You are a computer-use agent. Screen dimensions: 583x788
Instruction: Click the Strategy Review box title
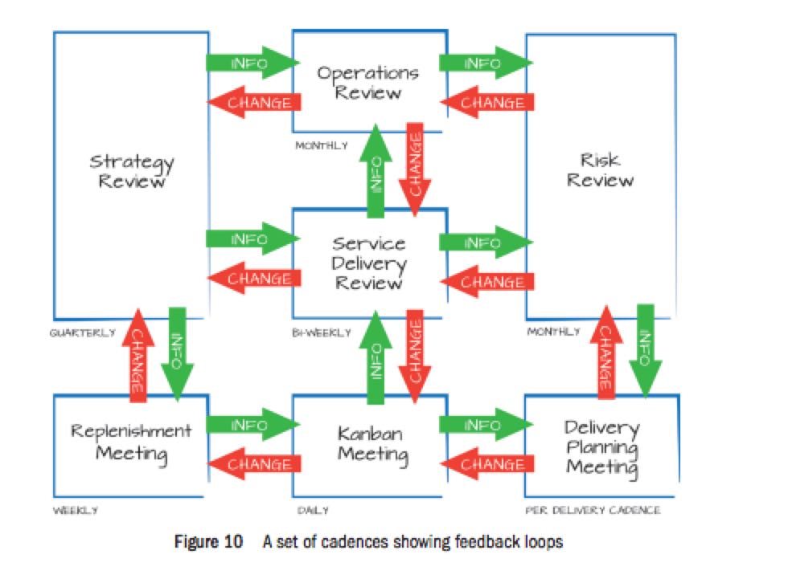[x=131, y=171]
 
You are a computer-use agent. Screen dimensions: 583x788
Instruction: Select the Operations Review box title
[x=367, y=83]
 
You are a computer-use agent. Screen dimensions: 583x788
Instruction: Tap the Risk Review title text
[x=600, y=169]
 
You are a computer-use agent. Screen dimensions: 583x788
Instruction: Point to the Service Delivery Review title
[x=368, y=263]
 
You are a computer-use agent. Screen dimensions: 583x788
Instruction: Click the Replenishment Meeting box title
[x=131, y=442]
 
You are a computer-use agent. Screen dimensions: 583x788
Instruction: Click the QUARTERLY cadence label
[x=82, y=332]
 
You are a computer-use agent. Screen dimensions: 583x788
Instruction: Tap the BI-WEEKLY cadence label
[x=320, y=332]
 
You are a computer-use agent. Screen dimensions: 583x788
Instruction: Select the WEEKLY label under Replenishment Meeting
[x=75, y=510]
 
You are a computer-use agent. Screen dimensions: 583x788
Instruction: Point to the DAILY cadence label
[x=312, y=510]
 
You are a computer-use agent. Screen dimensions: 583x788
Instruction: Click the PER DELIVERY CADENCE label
[x=593, y=510]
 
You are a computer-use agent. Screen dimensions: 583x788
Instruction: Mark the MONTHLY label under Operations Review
[x=322, y=146]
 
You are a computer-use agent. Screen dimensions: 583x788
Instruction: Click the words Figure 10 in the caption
[x=208, y=541]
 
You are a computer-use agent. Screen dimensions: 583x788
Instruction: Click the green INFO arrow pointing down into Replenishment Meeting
[x=178, y=353]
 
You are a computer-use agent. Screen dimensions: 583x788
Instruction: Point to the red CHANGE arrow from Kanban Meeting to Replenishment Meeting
[x=254, y=463]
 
